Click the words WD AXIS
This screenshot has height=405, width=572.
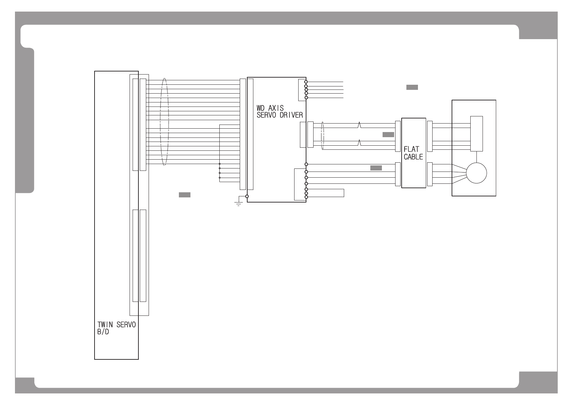pos(270,108)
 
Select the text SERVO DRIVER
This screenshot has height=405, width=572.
pos(280,115)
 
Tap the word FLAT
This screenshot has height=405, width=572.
pos(411,149)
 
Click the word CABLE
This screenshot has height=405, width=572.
pos(413,157)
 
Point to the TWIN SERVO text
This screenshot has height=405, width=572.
pos(116,325)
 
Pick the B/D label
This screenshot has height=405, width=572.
pos(103,332)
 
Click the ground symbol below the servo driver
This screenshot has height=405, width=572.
pos(238,204)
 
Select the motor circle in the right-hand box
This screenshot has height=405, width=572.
pos(476,173)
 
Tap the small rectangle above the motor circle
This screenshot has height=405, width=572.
pos(476,134)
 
